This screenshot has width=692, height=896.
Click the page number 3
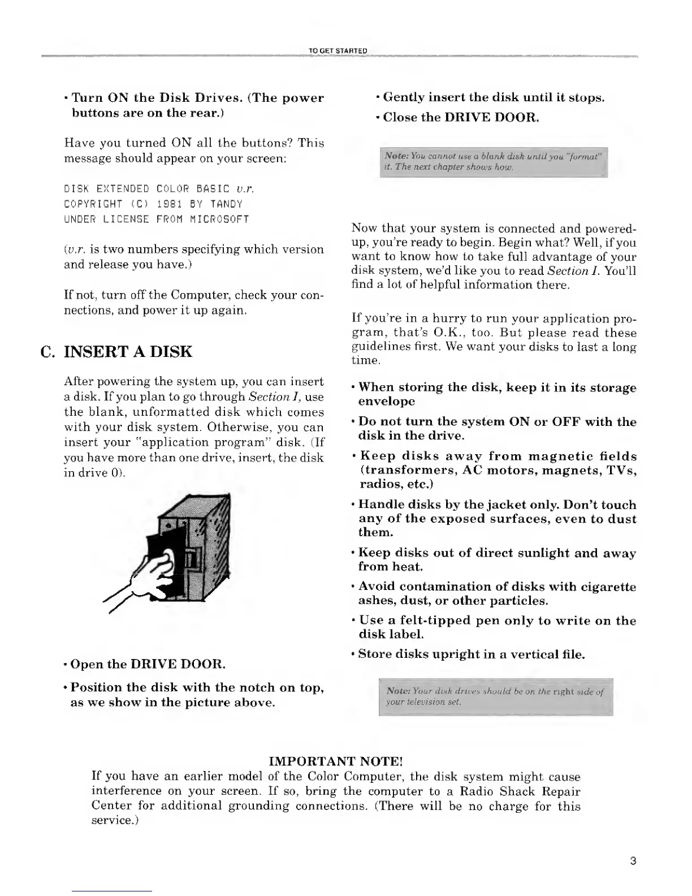633,861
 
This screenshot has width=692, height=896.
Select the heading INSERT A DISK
128,352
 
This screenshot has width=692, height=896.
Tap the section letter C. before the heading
47,352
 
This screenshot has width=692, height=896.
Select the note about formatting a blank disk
493,162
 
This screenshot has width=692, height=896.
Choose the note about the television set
495,696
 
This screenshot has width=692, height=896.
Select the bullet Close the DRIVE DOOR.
461,118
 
